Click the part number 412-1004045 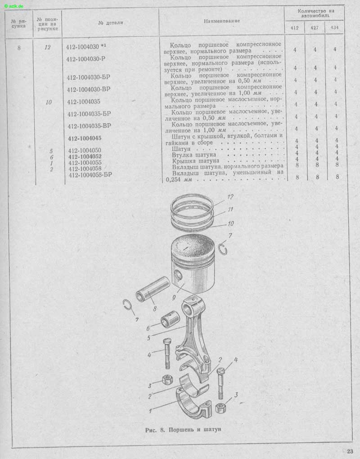point(85,138)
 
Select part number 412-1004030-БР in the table point(88,77)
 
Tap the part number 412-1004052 point(85,157)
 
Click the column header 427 point(315,28)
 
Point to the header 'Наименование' point(222,21)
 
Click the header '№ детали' point(111,22)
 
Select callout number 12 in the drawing point(230,197)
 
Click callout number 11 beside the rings point(230,209)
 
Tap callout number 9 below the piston point(174,297)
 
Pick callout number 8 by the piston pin point(154,309)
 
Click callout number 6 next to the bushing point(148,328)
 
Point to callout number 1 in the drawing point(150,411)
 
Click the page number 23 point(350,451)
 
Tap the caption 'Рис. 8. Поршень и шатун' point(183,430)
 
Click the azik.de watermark point(14,6)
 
